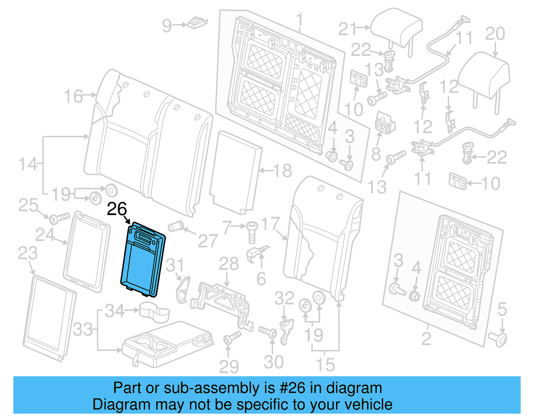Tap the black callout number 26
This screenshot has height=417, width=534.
click(x=117, y=209)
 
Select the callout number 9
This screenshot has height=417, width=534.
click(x=167, y=26)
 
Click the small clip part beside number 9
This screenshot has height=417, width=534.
click(x=198, y=23)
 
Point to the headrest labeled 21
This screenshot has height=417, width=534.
click(x=396, y=28)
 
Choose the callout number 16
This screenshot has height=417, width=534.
click(x=73, y=96)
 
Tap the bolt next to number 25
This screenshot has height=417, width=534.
click(x=59, y=218)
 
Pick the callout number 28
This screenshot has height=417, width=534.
click(x=229, y=264)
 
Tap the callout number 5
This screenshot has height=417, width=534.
click(x=502, y=309)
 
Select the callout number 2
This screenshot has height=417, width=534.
click(x=427, y=339)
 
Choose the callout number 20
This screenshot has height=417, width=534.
click(x=495, y=34)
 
